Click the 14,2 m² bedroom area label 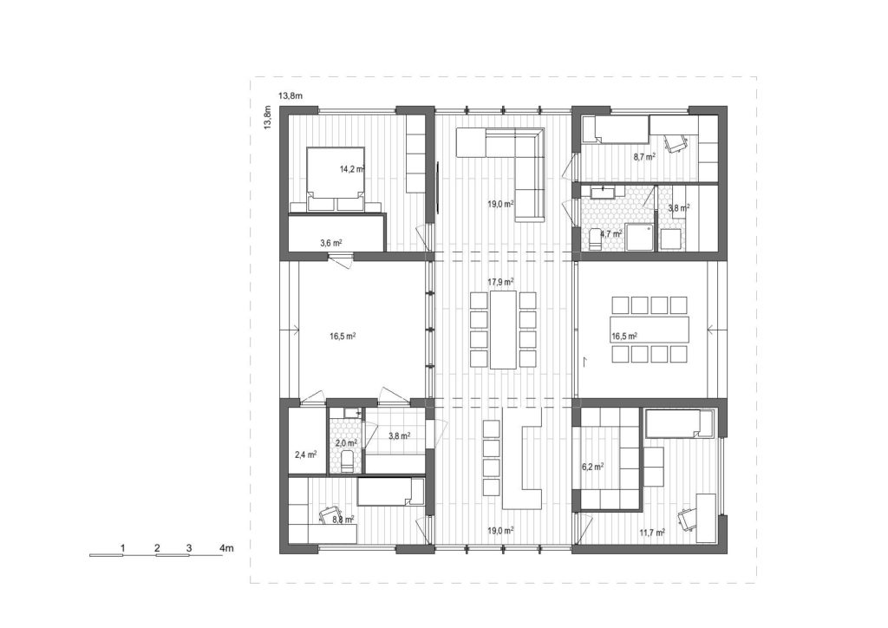pos(352,169)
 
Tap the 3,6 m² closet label pos(330,243)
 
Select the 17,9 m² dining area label pos(500,281)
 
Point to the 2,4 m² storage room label pos(306,455)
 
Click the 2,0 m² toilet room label pos(346,443)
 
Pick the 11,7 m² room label pos(652,533)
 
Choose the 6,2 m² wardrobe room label pos(592,468)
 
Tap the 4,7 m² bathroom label pos(611,232)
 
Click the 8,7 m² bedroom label pos(644,156)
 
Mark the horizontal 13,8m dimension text pos(290,95)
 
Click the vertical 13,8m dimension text pos(268,117)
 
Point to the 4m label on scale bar pos(226,548)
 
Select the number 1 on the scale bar pos(122,548)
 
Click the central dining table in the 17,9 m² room pos(503,330)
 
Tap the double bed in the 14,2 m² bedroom pos(336,180)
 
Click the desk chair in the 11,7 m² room pos(688,518)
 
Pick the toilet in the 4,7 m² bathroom pos(594,239)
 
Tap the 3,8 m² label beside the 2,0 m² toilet pos(399,435)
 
